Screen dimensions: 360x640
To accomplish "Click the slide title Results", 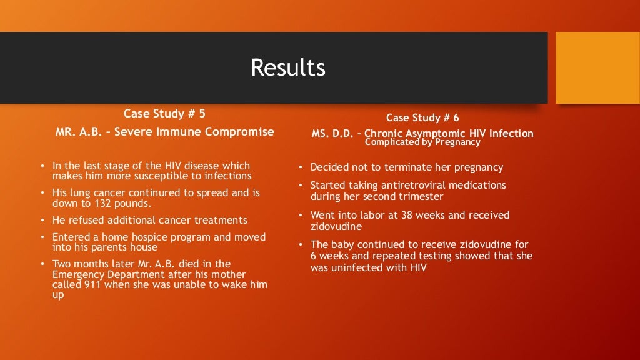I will click(x=288, y=67).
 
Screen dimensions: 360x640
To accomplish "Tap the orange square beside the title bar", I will click(x=597, y=67).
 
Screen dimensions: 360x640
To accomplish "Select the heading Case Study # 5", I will click(x=164, y=114).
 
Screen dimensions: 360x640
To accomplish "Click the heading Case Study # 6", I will click(x=422, y=118).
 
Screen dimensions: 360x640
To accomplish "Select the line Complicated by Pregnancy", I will click(x=422, y=142).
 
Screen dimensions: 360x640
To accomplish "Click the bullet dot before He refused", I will click(x=42, y=221).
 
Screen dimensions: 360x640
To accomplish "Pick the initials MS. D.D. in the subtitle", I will click(x=332, y=133).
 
